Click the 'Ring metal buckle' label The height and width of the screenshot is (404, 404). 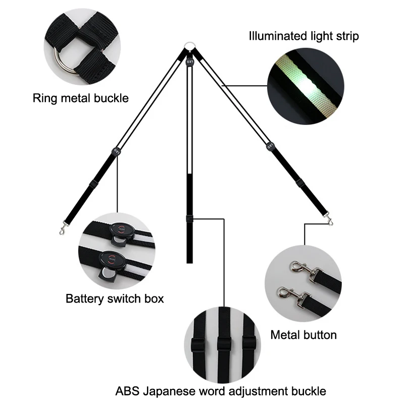coord(81,98)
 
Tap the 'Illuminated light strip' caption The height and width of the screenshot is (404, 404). coord(304,36)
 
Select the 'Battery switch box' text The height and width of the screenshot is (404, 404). coord(115,298)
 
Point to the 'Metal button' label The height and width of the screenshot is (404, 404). coord(304,335)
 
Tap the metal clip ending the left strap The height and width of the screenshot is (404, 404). coord(63,228)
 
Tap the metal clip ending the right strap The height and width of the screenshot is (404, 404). coord(329,219)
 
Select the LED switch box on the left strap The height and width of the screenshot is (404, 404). coord(117,151)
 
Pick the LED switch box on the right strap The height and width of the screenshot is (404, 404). coord(270,146)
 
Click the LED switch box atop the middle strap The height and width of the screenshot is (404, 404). coord(189,62)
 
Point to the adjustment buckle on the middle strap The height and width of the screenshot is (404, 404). coord(189,219)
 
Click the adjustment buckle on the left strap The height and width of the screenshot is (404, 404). coord(94,184)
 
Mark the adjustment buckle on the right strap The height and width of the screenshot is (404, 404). coord(299,182)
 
